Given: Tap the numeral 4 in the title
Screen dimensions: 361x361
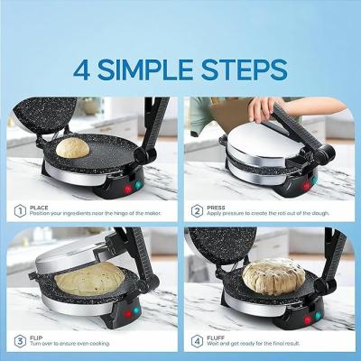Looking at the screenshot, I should point(86,68).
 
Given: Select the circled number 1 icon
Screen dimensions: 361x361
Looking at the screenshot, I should point(18,212).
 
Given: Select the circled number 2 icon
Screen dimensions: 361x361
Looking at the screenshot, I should point(197,212).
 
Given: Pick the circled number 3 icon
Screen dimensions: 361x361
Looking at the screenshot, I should point(18,341).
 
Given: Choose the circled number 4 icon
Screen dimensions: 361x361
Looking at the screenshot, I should point(197,341).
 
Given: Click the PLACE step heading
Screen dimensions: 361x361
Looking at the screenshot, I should point(40,208).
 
